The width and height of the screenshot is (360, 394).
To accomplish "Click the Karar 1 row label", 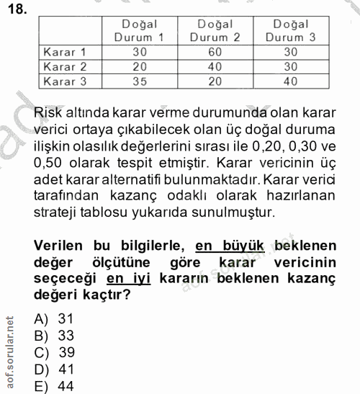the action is click(66, 53).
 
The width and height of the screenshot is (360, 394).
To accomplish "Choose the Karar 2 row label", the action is click(66, 67).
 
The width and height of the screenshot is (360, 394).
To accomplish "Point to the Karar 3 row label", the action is click(66, 81).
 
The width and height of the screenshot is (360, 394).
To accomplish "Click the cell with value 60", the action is click(215, 53).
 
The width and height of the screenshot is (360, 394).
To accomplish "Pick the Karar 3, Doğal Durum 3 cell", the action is click(290, 81).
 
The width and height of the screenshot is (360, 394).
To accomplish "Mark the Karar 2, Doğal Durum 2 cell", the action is click(215, 67).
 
